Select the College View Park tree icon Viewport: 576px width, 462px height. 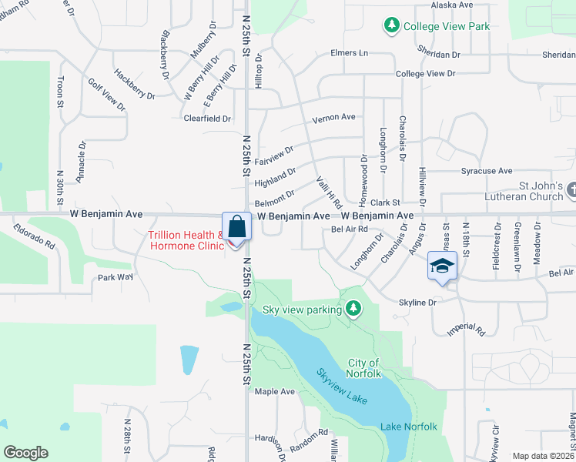pyautogui.click(x=392, y=26)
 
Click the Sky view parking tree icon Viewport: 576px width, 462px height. pyautogui.click(x=353, y=310)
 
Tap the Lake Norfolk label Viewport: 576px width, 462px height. pyautogui.click(x=408, y=427)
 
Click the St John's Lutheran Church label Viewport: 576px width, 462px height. pyautogui.click(x=530, y=191)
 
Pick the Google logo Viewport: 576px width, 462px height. pyautogui.click(x=25, y=453)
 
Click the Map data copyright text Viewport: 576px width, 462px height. pyautogui.click(x=543, y=456)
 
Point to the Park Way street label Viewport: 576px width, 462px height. pyautogui.click(x=115, y=277)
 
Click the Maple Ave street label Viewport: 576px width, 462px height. pyautogui.click(x=275, y=391)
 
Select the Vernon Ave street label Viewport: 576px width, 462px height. pyautogui.click(x=333, y=118)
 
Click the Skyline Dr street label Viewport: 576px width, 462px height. pyautogui.click(x=417, y=303)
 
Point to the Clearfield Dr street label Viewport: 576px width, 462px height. pyautogui.click(x=207, y=119)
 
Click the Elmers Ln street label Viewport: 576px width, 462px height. pyautogui.click(x=349, y=53)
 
